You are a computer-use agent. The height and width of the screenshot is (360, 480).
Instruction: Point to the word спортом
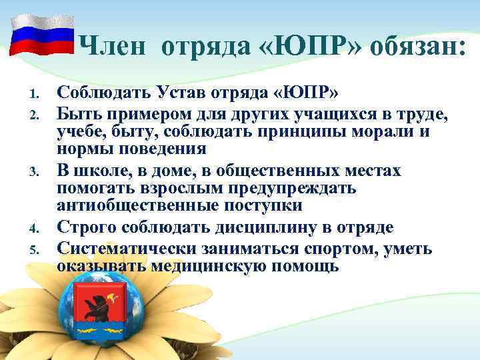pos(335,249)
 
